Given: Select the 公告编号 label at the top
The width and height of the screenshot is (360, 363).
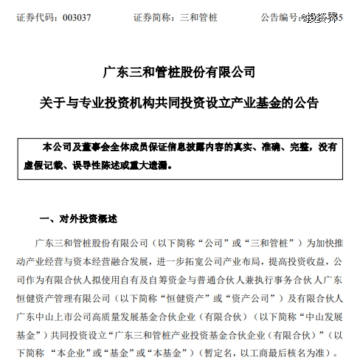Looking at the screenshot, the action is pos(277,15).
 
